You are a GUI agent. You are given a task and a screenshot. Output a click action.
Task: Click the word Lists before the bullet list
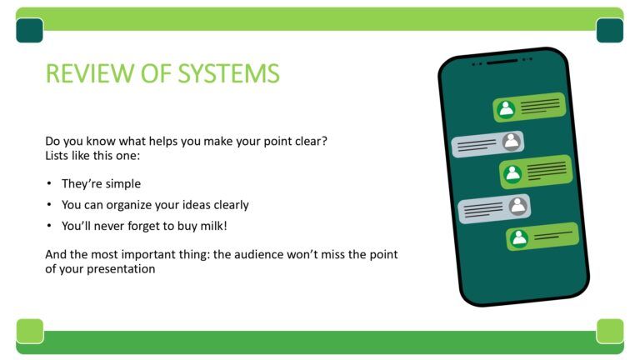60,156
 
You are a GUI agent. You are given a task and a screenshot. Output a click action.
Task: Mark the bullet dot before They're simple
49,184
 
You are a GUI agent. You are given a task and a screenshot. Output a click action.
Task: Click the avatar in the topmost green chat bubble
506,109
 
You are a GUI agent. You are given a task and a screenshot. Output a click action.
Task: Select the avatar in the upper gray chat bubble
512,142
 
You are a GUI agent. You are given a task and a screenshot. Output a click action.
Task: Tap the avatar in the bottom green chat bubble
519,238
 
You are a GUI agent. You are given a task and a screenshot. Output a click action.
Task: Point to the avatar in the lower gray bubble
518,205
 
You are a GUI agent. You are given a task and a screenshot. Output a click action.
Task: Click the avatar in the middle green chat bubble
512,173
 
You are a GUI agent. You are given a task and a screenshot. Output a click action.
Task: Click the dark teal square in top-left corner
29,30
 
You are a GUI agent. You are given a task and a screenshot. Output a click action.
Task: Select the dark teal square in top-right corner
609,30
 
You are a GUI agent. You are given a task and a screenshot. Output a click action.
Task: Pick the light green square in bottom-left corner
29,330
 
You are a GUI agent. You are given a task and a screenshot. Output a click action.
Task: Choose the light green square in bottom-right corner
609,330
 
